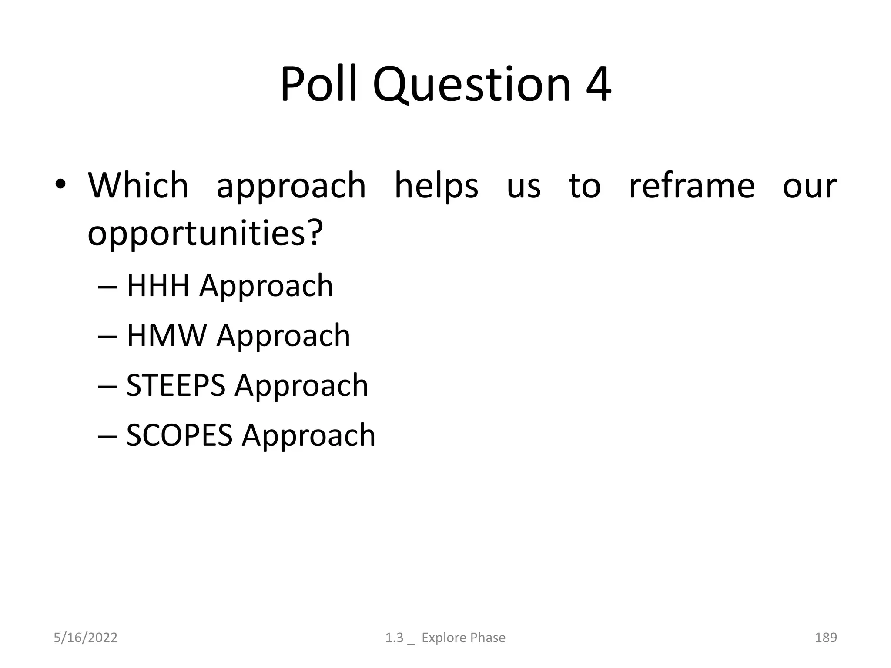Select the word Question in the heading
click(x=471, y=85)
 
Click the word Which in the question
click(x=138, y=186)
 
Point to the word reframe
click(x=692, y=187)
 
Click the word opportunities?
click(x=205, y=234)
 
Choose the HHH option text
click(x=158, y=286)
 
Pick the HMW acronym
click(x=167, y=336)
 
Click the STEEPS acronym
click(x=176, y=385)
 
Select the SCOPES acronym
click(x=179, y=435)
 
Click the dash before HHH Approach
click(x=107, y=287)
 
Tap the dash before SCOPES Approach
click(x=107, y=437)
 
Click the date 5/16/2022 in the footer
click(x=85, y=638)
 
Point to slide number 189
click(x=826, y=638)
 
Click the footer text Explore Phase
click(x=463, y=638)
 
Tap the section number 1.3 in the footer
click(x=394, y=638)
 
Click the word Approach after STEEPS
click(x=301, y=386)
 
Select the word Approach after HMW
click(x=283, y=336)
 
